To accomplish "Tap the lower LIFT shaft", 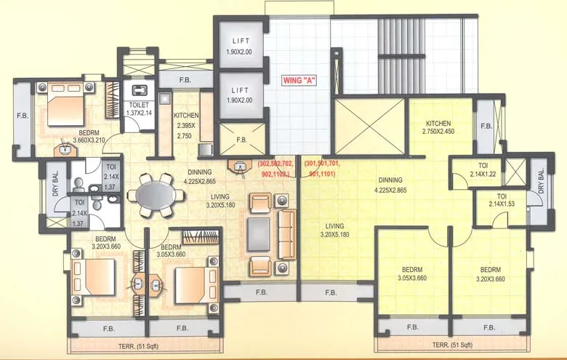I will [238, 95].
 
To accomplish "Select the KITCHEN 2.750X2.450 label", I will [438, 127].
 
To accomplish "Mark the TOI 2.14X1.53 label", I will [502, 201].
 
